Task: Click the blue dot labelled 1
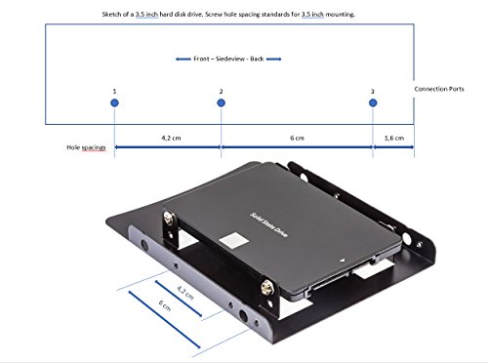114,102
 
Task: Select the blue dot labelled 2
221,102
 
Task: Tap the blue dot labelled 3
373,102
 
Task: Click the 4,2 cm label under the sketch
171,138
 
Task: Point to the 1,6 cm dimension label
394,138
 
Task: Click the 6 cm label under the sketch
297,138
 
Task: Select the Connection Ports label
439,89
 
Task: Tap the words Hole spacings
86,147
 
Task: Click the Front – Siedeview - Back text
228,59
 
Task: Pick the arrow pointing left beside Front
183,59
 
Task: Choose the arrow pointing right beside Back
273,59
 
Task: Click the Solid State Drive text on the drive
268,224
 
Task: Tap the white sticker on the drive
234,240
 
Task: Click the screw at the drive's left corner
169,218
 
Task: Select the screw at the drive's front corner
266,287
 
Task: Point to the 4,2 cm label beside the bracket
185,292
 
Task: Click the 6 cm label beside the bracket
165,305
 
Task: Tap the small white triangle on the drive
342,261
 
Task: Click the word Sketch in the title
111,15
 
